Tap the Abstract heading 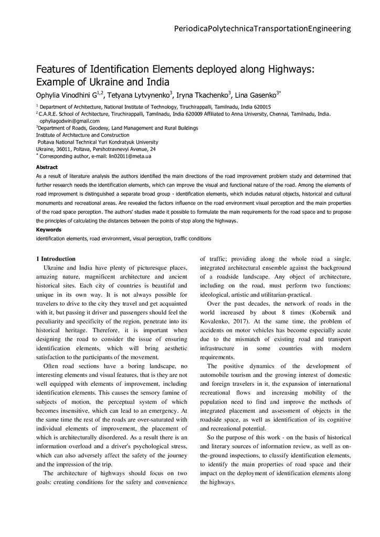(x=46, y=167)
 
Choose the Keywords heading (x=48, y=230)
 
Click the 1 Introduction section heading (x=56, y=259)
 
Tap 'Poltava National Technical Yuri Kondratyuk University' (x=98, y=142)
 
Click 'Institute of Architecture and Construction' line (x=82, y=135)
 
